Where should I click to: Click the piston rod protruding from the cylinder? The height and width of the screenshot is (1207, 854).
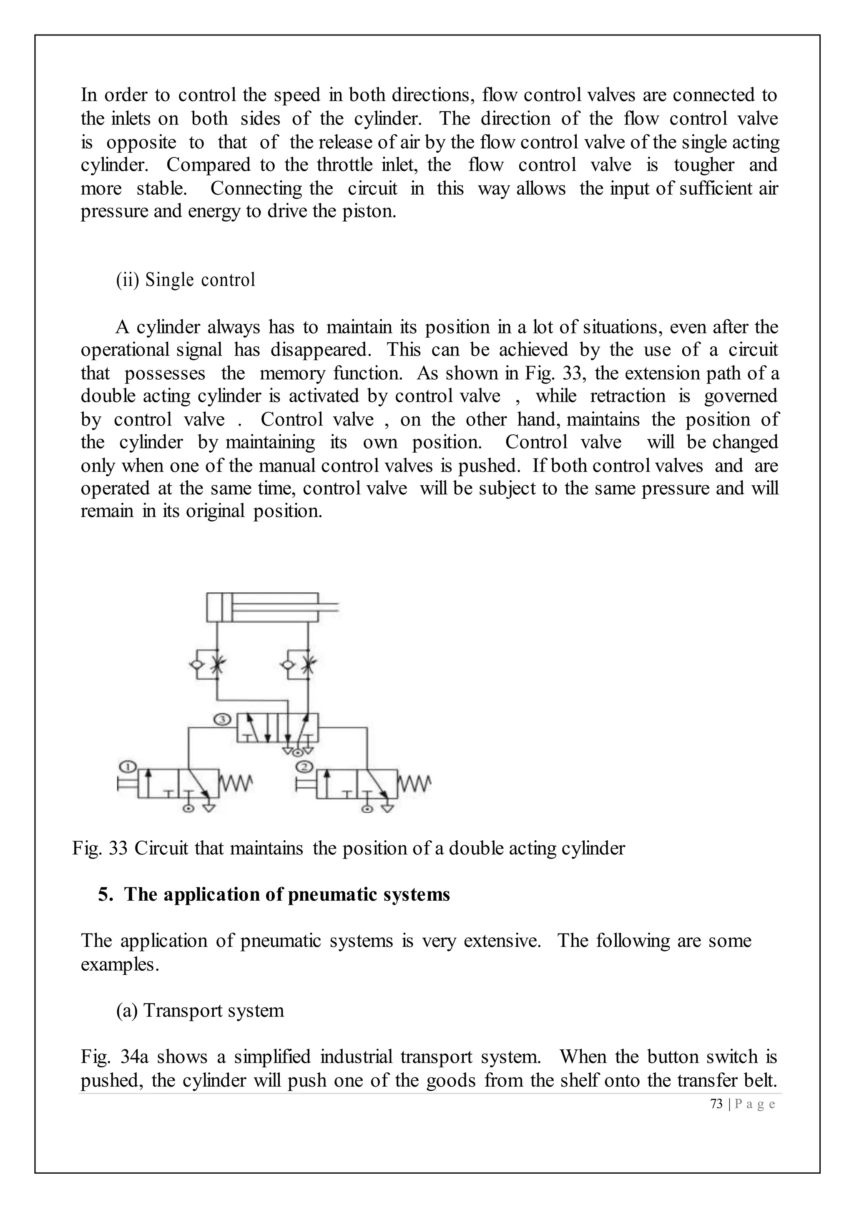click(328, 610)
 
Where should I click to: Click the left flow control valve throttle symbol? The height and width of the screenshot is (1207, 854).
click(217, 666)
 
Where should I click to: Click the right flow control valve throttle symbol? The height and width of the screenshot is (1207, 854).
click(308, 666)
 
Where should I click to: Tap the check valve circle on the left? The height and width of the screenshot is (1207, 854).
click(196, 665)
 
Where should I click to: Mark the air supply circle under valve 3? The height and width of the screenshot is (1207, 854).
click(298, 753)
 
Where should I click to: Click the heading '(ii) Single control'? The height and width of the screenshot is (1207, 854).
click(186, 280)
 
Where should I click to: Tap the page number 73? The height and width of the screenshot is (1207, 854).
click(716, 1104)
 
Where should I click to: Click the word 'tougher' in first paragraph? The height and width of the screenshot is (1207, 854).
click(703, 165)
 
